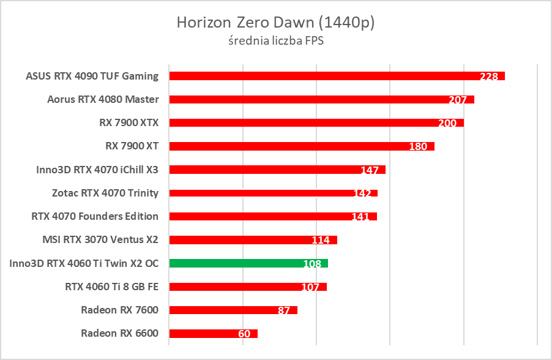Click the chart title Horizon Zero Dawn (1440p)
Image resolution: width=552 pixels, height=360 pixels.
275,23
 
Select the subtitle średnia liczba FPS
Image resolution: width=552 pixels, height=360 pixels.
275,41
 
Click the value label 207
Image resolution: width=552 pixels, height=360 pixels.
457,100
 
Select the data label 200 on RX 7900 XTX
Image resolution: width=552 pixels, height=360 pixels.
447,123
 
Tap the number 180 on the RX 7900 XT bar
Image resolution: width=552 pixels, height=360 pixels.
418,147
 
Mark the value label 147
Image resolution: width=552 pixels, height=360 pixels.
370,170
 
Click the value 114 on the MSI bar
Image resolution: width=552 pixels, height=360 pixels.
321,240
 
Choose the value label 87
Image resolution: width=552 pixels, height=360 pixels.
283,310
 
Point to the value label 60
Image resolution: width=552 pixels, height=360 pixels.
244,334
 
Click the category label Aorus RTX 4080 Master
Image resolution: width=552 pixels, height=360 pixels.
103,99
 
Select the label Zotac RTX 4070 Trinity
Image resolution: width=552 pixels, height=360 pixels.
105,193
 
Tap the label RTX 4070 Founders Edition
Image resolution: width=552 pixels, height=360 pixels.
95,216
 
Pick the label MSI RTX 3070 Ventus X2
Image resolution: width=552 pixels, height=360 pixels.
100,239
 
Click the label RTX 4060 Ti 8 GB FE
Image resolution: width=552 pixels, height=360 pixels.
111,286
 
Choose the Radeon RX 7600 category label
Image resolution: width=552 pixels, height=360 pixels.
119,310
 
